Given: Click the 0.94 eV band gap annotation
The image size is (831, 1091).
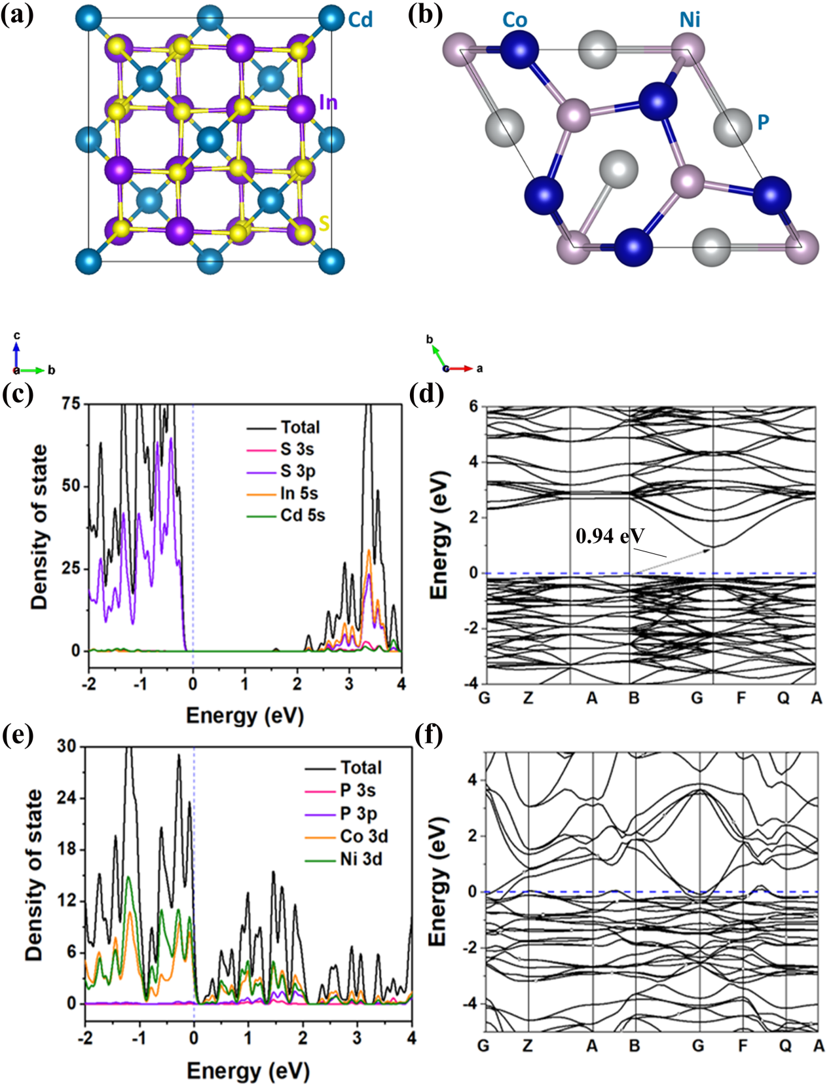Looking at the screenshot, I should click(x=610, y=536).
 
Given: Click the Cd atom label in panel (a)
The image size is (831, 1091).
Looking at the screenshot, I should click(x=360, y=20).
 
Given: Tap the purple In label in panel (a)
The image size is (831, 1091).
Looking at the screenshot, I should click(x=328, y=102).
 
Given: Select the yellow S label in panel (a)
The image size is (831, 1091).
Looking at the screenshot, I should click(x=323, y=224).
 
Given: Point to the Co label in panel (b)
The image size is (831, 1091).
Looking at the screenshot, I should click(x=515, y=20).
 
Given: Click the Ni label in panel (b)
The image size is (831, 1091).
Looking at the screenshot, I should click(x=690, y=20).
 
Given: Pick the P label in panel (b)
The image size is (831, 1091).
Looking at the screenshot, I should click(x=763, y=122).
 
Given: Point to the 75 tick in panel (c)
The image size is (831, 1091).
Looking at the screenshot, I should click(x=72, y=404).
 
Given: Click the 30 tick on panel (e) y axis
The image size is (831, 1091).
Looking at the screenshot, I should click(x=67, y=747).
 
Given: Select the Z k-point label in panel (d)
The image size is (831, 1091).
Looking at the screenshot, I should click(x=528, y=698).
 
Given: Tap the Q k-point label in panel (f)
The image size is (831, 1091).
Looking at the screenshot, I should click(x=785, y=1046).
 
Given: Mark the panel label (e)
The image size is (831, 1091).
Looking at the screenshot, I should click(x=17, y=735).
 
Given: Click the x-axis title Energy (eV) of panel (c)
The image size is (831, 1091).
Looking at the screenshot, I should click(x=245, y=716).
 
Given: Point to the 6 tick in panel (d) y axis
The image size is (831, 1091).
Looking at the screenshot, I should click(x=473, y=407).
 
